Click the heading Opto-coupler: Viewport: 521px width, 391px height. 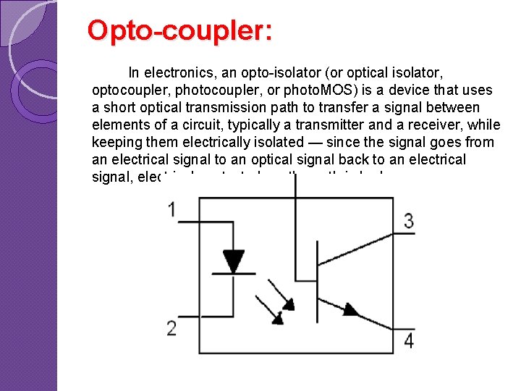(179, 30)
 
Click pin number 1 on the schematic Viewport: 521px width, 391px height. (171, 209)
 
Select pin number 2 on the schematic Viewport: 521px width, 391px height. (171, 328)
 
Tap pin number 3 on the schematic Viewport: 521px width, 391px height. (409, 221)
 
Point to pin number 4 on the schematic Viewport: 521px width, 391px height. (409, 340)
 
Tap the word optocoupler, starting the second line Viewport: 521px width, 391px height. (128, 91)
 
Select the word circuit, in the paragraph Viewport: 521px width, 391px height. (205, 125)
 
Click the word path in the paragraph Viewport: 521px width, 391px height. (281, 108)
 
